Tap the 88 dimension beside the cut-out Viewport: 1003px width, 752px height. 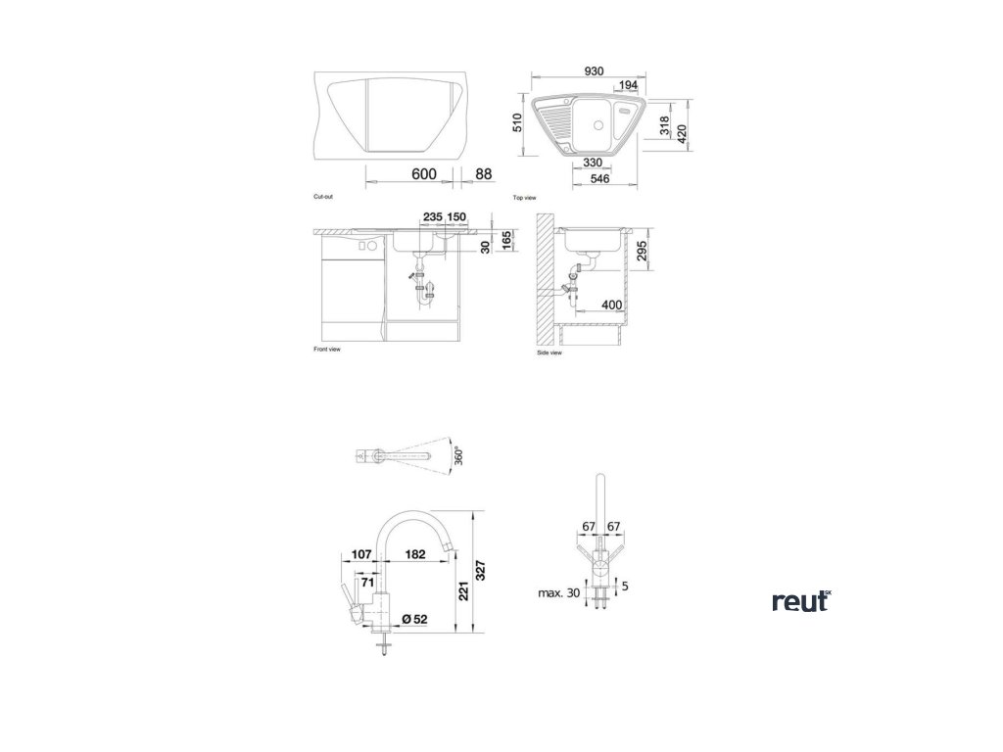click(483, 173)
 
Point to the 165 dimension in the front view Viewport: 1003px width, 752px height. click(505, 241)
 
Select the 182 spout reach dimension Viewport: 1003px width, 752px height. click(414, 555)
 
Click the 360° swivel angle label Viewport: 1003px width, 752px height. click(459, 457)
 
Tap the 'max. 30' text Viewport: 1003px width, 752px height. click(557, 593)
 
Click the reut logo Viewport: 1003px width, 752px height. click(800, 601)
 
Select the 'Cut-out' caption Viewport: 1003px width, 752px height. click(323, 197)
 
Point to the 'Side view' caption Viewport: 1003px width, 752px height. click(549, 352)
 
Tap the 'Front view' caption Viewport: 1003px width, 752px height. click(326, 348)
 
